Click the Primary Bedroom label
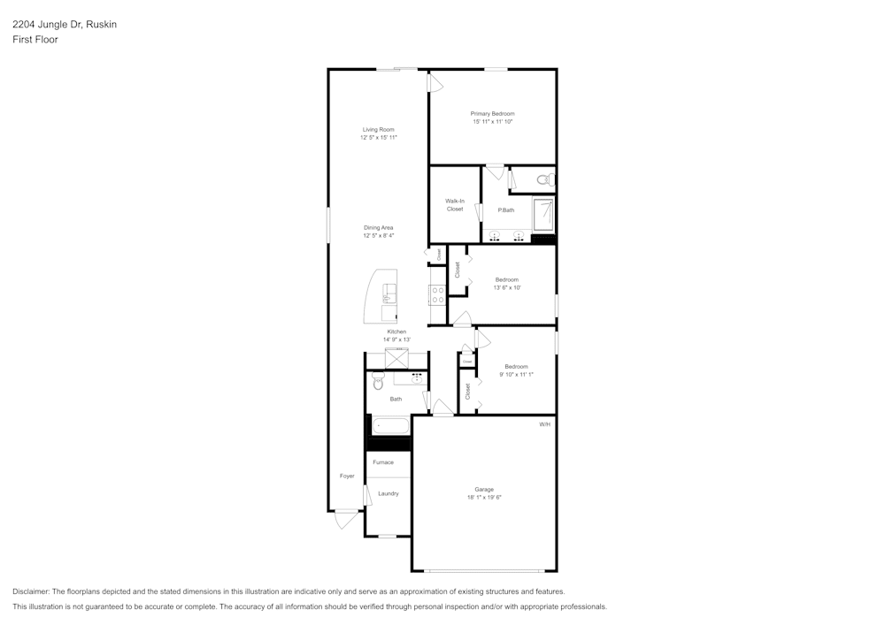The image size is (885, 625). [x=492, y=113]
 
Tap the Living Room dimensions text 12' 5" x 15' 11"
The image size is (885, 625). [x=378, y=138]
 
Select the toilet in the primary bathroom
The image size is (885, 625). [x=543, y=179]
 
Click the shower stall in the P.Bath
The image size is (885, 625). [x=543, y=214]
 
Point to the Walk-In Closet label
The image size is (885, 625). [x=455, y=205]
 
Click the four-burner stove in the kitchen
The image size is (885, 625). [x=436, y=294]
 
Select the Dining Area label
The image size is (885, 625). [x=378, y=228]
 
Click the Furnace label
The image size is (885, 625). [x=383, y=462]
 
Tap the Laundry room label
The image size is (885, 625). [x=389, y=493]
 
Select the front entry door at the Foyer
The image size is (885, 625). [x=346, y=519]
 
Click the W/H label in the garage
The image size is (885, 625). [x=544, y=424]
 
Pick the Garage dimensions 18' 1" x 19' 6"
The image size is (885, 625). [x=484, y=498]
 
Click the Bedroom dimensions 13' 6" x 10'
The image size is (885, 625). [x=507, y=287]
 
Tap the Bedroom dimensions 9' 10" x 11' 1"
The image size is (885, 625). [x=516, y=374]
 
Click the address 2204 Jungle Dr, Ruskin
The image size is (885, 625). [x=65, y=25]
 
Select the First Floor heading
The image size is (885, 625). [x=35, y=40]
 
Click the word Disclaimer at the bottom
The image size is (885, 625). [x=31, y=591]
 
